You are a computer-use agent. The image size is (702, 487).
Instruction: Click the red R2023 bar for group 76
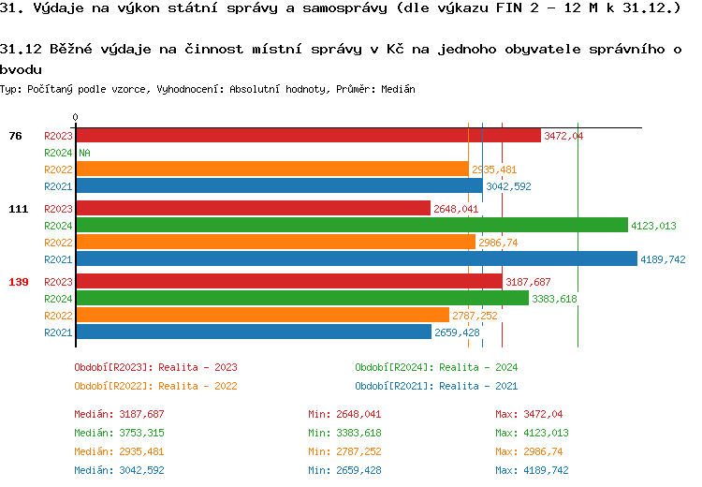coord(308,136)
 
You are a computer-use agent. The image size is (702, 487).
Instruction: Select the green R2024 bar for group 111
coord(351,225)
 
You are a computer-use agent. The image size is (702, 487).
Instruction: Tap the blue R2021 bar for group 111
coord(356,259)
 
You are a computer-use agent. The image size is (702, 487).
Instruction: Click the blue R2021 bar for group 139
coord(254,332)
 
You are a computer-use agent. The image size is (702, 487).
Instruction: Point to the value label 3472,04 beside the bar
coord(563,136)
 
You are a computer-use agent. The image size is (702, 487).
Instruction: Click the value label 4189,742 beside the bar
coord(664,259)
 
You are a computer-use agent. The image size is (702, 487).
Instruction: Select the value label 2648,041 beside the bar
coord(456,209)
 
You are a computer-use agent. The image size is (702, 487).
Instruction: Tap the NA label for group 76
coord(84,153)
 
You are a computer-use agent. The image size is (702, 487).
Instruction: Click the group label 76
coord(15,136)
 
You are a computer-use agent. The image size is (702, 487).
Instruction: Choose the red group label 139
coord(18,282)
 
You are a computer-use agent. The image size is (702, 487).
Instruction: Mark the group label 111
coord(18,209)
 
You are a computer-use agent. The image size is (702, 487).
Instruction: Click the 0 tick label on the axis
coord(76,118)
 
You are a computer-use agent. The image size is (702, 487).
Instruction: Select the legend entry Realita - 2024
coord(436,367)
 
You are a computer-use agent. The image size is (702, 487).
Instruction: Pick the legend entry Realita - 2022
coord(155,385)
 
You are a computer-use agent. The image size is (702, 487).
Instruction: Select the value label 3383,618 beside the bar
coord(554,299)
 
